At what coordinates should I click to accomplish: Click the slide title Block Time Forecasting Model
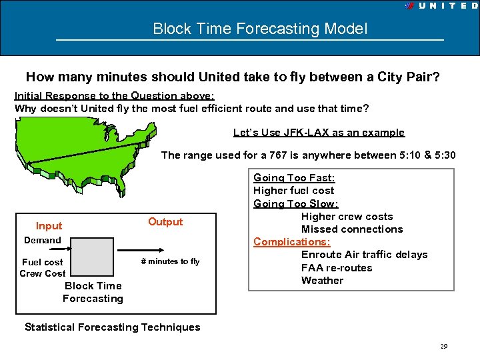[x=259, y=29]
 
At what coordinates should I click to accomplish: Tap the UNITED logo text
[x=447, y=5]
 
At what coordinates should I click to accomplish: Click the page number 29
[x=443, y=347]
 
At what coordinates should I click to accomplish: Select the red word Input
[x=49, y=226]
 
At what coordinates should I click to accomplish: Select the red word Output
[x=165, y=222]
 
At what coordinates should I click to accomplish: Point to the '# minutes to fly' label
[x=170, y=261]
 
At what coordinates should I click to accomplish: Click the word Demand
[x=43, y=240]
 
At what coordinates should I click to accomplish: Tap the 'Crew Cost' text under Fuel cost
[x=43, y=273]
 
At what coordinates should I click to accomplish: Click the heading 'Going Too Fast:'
[x=294, y=178]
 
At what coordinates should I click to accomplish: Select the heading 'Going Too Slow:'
[x=295, y=204]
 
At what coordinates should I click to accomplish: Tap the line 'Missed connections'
[x=352, y=229]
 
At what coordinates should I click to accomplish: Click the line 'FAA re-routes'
[x=337, y=268]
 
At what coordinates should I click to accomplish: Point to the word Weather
[x=322, y=281]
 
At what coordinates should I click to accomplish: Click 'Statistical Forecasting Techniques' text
[x=112, y=327]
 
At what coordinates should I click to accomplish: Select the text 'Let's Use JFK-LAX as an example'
[x=319, y=133]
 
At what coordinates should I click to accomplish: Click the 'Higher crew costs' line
[x=347, y=217]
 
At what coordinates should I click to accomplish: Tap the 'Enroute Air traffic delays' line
[x=364, y=255]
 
